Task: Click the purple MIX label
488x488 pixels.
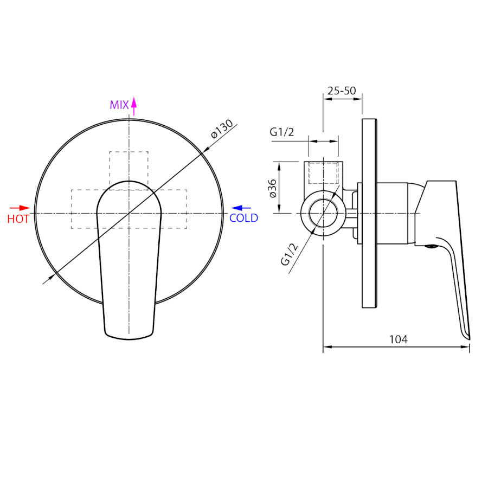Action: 119,105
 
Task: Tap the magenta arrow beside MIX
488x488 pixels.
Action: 134,106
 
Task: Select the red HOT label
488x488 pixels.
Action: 18,219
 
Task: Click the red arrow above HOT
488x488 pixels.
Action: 20,208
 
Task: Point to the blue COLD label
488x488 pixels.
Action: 243,218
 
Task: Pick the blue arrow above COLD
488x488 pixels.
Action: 241,208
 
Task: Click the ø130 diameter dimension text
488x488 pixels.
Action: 222,129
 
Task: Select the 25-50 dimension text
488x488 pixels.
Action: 342,91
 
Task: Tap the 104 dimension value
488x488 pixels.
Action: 399,339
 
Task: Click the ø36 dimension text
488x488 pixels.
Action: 272,189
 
